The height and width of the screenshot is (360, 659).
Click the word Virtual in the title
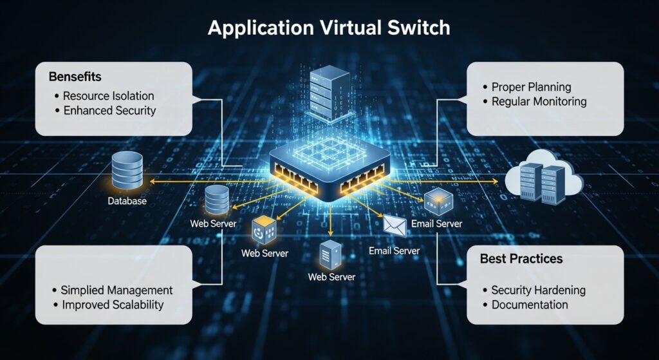[x=342, y=29]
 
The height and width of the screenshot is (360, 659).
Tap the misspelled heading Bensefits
[x=75, y=77]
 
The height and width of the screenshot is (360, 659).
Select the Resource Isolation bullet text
[x=108, y=96]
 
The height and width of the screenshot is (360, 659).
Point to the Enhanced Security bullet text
[x=109, y=110]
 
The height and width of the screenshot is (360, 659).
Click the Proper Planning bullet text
[x=531, y=87]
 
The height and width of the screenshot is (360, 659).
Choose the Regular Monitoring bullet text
[x=539, y=101]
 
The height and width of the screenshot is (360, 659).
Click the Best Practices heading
[x=521, y=259]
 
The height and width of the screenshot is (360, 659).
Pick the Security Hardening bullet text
[x=538, y=290]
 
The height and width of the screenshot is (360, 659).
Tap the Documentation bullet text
[x=530, y=305]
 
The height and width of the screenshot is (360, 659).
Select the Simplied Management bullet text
[x=116, y=290]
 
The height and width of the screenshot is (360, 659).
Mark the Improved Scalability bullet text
[x=113, y=305]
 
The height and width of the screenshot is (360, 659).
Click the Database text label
[x=127, y=202]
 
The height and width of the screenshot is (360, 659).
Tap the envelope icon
[x=393, y=225]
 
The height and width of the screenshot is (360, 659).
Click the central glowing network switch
[x=329, y=171]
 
